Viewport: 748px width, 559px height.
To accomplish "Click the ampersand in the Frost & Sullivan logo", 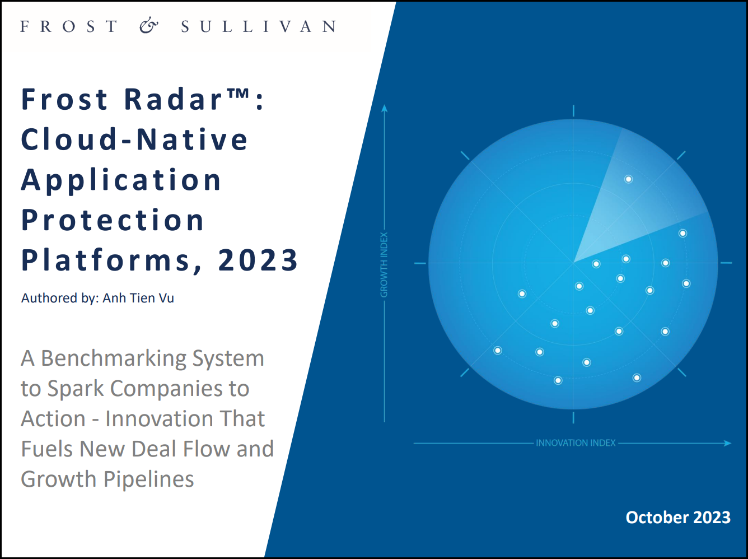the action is click(149, 26).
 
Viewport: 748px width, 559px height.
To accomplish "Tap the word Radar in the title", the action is click(173, 99).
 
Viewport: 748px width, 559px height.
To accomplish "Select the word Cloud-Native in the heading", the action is click(134, 139).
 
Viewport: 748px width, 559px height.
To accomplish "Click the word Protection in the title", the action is click(113, 220).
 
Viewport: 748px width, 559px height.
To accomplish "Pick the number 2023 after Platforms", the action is click(258, 260).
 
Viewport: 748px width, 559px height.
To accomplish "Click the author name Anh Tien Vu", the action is click(138, 298).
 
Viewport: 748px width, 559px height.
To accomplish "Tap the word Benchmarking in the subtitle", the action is click(114, 358).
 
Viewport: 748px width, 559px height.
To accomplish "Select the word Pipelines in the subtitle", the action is click(148, 479).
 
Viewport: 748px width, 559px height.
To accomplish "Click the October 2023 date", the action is click(678, 518).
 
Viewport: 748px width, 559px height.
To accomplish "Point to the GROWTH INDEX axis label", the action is click(384, 265).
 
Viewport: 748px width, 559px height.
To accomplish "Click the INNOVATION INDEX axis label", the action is click(576, 442).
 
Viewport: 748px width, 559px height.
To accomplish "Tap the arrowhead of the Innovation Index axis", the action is click(727, 443).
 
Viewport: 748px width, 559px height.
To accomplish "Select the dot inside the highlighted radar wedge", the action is click(628, 179).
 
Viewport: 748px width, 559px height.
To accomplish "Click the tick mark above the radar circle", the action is click(573, 111).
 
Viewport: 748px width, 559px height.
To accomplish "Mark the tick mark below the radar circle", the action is click(573, 417).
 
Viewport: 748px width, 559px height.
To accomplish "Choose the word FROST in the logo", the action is click(69, 26).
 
